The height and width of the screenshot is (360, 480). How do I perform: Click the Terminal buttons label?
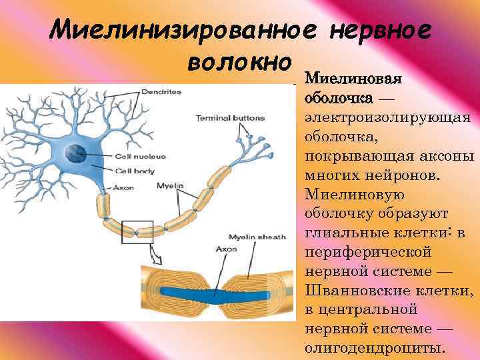coord(230,118)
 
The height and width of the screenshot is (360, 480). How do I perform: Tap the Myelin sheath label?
coord(257,237)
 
